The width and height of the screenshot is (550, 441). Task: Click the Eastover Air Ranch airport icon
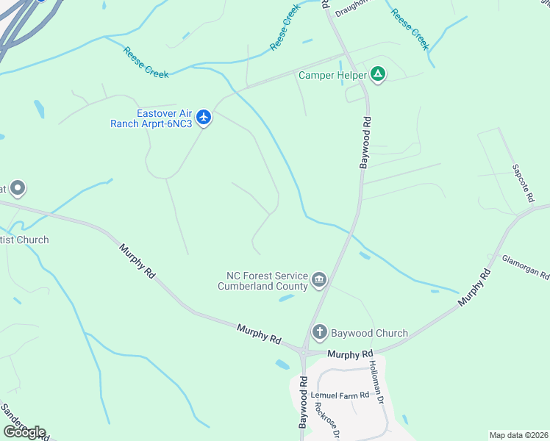click(x=204, y=117)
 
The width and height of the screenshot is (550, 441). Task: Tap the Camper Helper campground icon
click(x=378, y=74)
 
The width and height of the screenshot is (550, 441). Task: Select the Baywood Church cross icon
click(x=319, y=332)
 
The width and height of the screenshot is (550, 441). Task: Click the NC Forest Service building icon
click(x=319, y=279)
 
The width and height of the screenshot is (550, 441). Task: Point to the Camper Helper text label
click(x=332, y=75)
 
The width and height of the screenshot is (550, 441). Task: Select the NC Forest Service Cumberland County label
click(x=262, y=281)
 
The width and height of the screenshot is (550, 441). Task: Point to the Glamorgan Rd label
click(x=525, y=268)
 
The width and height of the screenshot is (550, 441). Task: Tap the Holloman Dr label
click(x=376, y=382)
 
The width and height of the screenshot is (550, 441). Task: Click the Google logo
click(x=24, y=432)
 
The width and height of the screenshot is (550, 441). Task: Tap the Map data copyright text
click(x=518, y=435)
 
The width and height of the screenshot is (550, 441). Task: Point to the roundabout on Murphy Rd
click(x=302, y=354)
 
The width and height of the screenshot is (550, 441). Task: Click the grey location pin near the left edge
click(x=18, y=189)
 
